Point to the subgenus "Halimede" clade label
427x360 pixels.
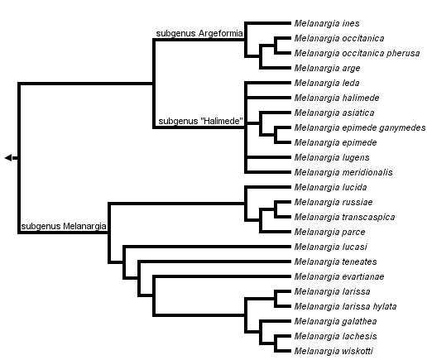click(199, 122)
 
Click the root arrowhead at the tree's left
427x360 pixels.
click(8, 157)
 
